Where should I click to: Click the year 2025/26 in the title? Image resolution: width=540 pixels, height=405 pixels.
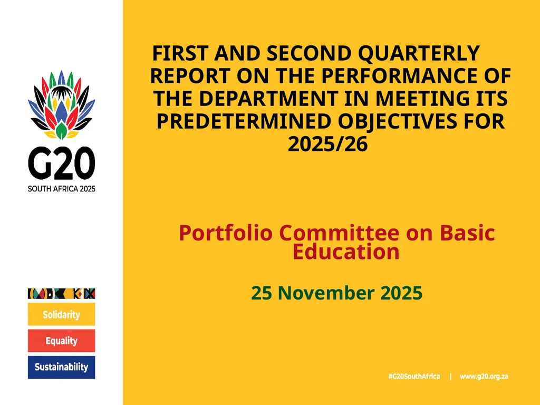point(327,144)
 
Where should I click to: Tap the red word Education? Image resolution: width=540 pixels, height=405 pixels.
point(346,252)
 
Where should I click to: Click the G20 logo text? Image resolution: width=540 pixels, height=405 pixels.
point(61,163)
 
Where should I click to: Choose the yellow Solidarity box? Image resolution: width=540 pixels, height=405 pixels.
point(61,314)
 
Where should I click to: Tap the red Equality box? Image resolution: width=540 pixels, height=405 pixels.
point(61,341)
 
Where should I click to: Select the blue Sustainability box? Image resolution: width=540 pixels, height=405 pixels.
point(61,367)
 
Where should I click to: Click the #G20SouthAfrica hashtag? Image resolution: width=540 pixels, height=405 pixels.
point(414,377)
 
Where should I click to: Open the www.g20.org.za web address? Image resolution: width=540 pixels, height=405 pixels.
point(484,377)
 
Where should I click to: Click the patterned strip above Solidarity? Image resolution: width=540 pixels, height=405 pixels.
point(61,293)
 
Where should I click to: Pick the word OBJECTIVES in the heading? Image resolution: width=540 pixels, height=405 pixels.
point(396,122)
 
